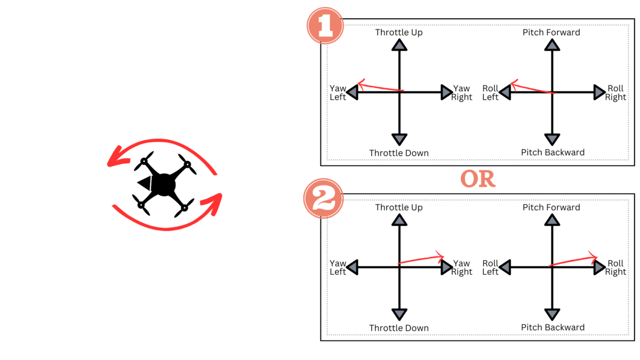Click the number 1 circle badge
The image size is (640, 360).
[324, 25]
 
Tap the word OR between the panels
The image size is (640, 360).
[478, 180]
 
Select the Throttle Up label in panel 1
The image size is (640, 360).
[399, 33]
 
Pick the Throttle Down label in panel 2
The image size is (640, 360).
[399, 328]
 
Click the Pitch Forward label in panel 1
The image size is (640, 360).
[551, 33]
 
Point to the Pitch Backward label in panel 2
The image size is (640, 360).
[553, 327]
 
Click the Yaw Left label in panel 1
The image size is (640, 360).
[338, 92]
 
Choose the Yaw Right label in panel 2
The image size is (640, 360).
[461, 267]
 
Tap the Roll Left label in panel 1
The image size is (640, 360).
[491, 92]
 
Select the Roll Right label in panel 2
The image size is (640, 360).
[615, 267]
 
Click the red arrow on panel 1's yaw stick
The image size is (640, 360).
[380, 87]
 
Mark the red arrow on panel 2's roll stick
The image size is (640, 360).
[573, 260]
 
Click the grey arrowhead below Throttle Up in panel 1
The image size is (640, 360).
[399, 45]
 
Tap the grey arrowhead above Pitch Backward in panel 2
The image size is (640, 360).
[552, 315]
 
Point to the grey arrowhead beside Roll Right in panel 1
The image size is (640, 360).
[599, 92]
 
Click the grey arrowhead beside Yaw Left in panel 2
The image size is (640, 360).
[353, 267]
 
